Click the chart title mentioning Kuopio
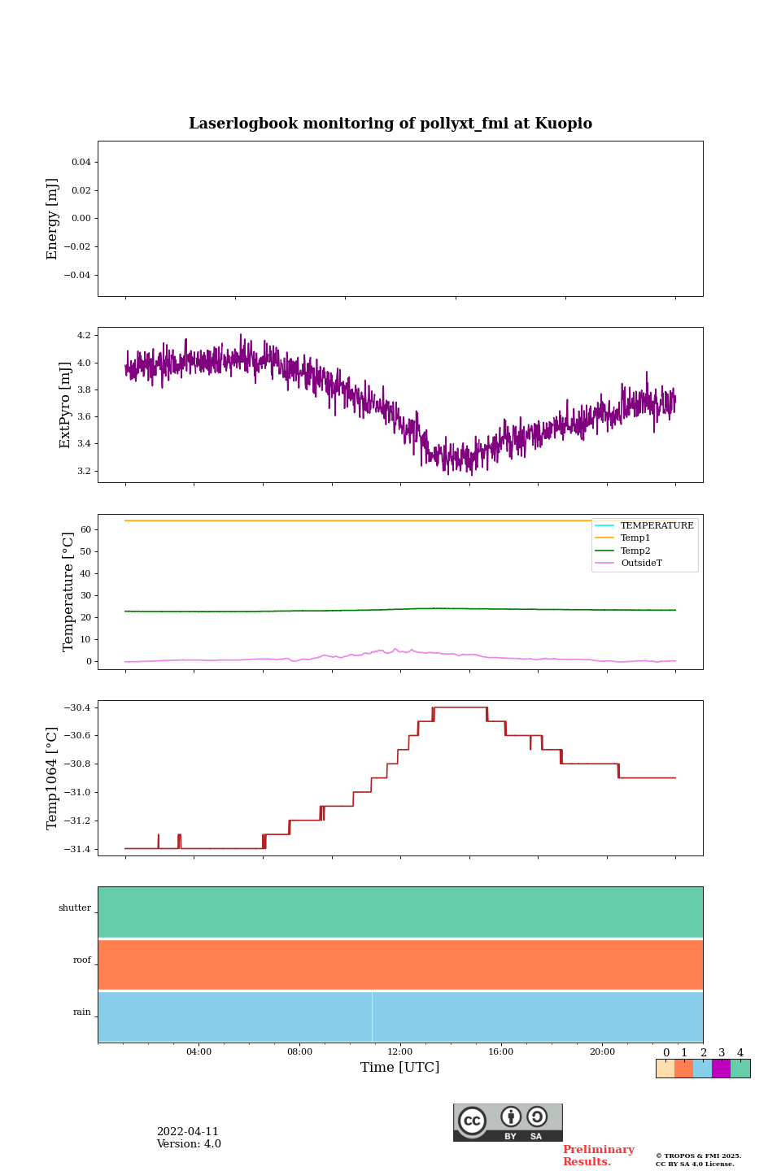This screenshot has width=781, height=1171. (x=390, y=124)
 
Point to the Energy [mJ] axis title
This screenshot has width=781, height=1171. (x=53, y=219)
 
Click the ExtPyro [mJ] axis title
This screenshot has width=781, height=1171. (x=65, y=405)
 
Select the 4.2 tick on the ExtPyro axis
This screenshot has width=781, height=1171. (x=83, y=335)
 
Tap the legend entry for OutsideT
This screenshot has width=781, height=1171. (x=641, y=564)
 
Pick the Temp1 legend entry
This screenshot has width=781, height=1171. (x=635, y=538)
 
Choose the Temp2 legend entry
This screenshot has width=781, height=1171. (x=635, y=551)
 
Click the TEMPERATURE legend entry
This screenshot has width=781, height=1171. (x=657, y=526)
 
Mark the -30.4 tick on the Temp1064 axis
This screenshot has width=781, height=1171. (x=79, y=707)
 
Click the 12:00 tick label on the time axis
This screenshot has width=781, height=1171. (x=400, y=1052)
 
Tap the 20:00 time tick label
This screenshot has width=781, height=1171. (x=602, y=1052)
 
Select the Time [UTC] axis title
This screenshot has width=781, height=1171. (x=400, y=1068)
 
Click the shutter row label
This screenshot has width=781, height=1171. (x=75, y=908)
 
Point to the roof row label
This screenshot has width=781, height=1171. (x=82, y=960)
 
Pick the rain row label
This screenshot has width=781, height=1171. (x=82, y=1012)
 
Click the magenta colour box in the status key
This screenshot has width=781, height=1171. (x=721, y=1069)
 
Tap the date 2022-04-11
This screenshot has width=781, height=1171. (x=188, y=1132)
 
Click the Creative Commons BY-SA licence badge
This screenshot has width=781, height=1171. (x=508, y=1122)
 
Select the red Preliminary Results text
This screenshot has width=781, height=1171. (x=598, y=1156)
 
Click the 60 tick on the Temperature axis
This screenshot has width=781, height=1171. (x=85, y=529)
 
